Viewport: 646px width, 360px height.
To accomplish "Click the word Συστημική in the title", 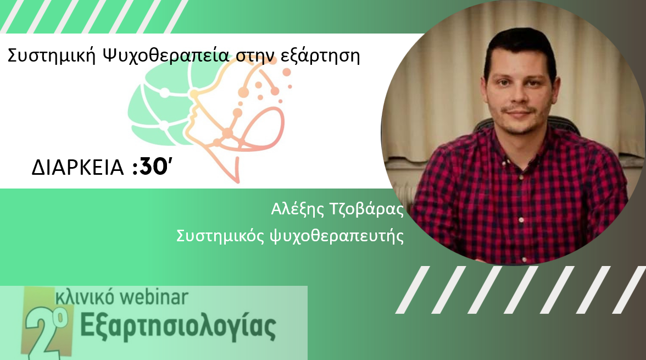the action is tap(52, 56).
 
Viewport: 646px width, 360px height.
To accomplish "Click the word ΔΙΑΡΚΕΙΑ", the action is tap(78, 168).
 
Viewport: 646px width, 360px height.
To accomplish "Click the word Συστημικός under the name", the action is tap(220, 236).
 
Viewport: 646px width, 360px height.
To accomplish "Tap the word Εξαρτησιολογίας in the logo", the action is tap(178, 327).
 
